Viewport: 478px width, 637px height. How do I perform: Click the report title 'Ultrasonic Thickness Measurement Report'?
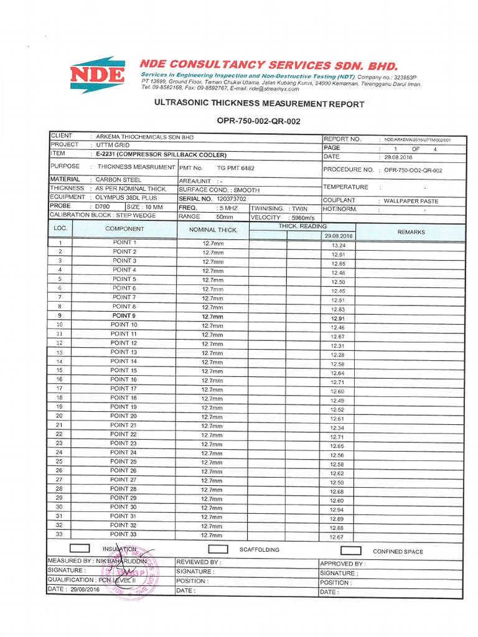[258, 104]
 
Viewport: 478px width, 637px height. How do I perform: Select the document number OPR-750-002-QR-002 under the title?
[258, 121]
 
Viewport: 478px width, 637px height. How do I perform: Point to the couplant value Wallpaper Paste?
[408, 201]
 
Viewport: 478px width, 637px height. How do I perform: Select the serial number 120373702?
[231, 198]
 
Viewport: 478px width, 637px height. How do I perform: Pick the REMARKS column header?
[411, 232]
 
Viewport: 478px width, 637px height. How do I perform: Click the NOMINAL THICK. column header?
[213, 230]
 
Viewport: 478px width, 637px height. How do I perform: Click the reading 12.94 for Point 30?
[337, 509]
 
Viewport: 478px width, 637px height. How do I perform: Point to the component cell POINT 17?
[124, 389]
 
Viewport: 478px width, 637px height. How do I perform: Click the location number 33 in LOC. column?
[59, 534]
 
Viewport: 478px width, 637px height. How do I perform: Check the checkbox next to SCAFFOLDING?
[218, 550]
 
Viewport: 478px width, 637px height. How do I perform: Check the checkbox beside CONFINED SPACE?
[351, 551]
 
